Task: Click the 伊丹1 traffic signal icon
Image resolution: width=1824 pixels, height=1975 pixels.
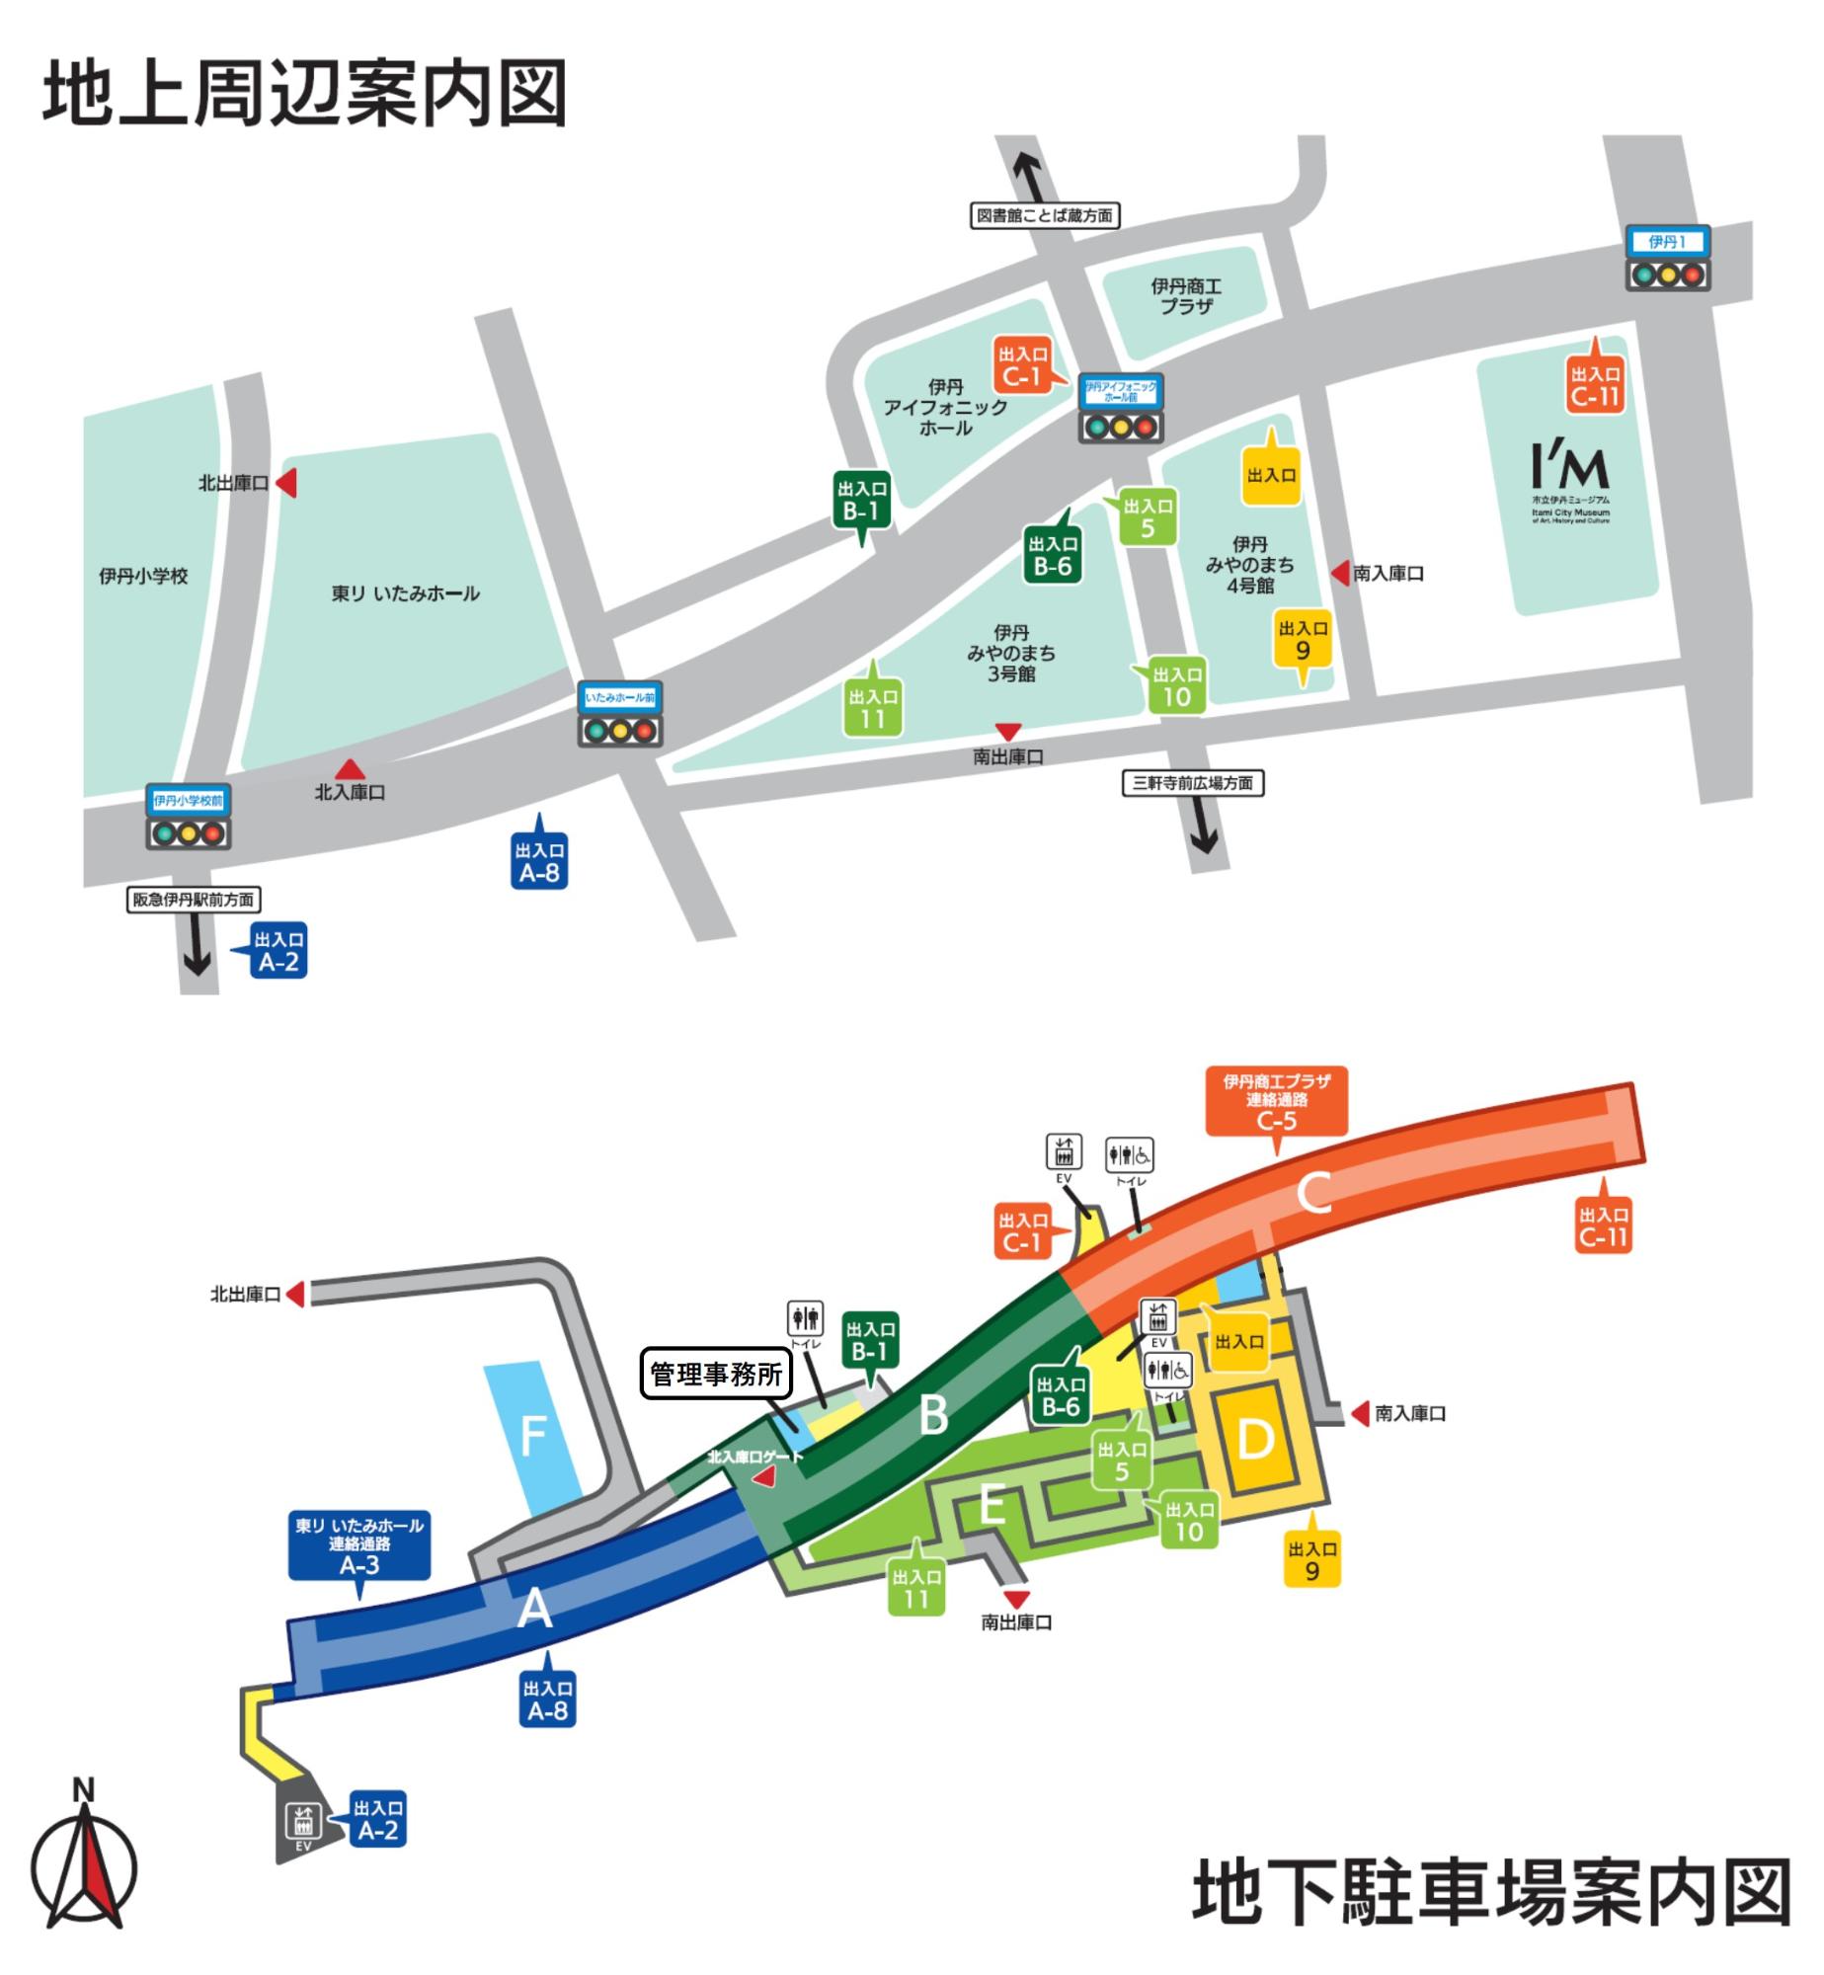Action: tap(1668, 259)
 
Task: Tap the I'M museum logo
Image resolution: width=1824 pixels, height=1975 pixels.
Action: tap(1570, 483)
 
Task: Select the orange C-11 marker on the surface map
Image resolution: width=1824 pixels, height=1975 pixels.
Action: tap(1596, 385)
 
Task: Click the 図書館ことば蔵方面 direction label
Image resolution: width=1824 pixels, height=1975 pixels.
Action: tap(1044, 215)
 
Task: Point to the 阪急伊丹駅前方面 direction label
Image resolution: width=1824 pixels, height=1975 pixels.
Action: tap(194, 900)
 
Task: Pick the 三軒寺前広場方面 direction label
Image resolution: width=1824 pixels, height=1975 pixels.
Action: tap(1193, 783)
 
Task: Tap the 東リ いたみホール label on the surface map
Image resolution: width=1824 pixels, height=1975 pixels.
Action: tap(405, 593)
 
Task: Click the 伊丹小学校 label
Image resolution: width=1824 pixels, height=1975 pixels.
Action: tap(143, 576)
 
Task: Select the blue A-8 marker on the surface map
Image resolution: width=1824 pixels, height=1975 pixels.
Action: tap(539, 861)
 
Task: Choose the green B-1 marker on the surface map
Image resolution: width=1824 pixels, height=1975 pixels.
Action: tap(862, 501)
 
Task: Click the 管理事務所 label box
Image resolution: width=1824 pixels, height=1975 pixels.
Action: tap(716, 1374)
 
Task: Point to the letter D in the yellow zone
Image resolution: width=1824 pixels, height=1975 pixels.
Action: tap(1254, 1439)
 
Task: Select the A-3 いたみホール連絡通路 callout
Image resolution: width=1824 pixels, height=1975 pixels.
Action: tap(358, 1545)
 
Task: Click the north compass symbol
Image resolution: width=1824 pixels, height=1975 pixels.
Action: tap(84, 1864)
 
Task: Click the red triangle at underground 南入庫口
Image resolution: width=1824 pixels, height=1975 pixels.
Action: tap(1361, 1413)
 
